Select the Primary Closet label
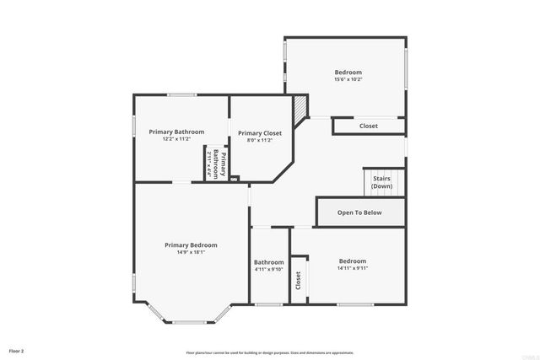(x=260, y=133)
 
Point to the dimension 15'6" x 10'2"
(x=348, y=79)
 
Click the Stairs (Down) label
(x=381, y=182)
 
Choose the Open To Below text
(x=359, y=212)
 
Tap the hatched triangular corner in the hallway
(x=300, y=106)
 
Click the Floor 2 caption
(x=17, y=350)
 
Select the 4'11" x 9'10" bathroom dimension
(x=269, y=270)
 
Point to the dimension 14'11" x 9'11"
(x=353, y=268)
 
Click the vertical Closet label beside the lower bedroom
(x=298, y=280)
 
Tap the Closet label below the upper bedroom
(x=369, y=126)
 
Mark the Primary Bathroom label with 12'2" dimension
(x=177, y=132)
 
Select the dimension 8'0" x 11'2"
(x=260, y=141)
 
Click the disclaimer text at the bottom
(x=270, y=352)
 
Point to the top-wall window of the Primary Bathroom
(x=181, y=94)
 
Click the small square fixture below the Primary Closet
(x=235, y=178)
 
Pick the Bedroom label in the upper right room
(x=348, y=73)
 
